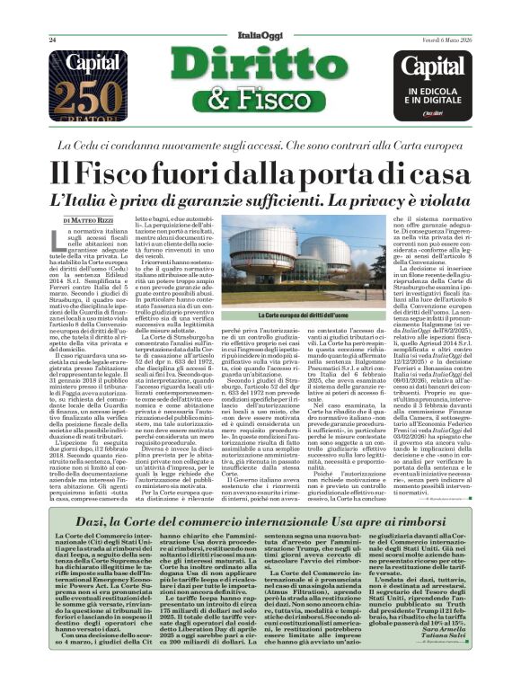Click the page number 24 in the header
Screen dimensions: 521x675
tap(53, 40)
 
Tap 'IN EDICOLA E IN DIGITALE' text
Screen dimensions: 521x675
tap(435, 95)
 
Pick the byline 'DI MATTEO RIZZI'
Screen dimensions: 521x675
tap(89, 219)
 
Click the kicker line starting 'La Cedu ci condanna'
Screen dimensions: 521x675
tap(260, 144)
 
